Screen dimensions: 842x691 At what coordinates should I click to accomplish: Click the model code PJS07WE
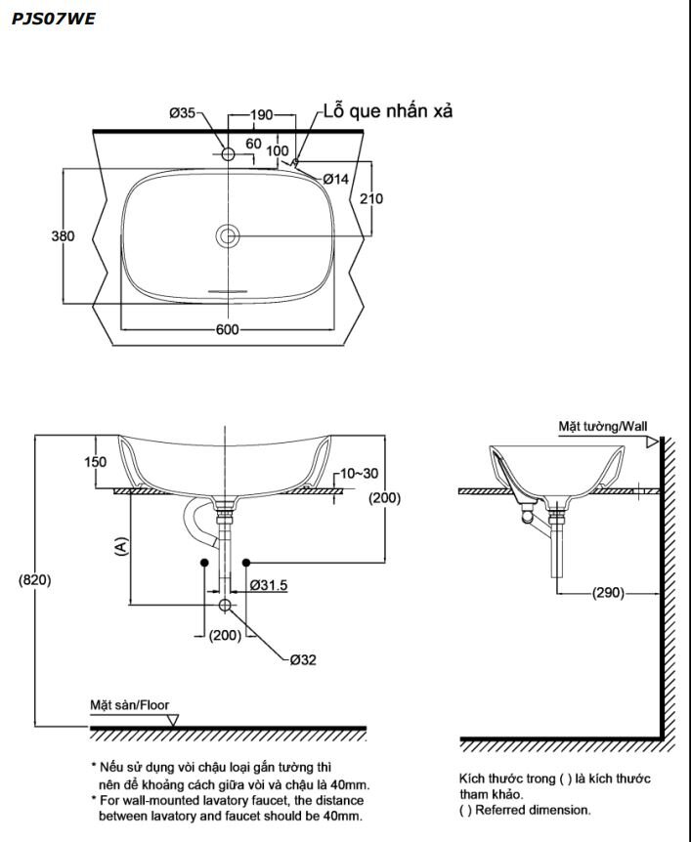pyautogui.click(x=54, y=18)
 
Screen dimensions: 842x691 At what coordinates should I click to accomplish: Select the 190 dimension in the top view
pyautogui.click(x=261, y=115)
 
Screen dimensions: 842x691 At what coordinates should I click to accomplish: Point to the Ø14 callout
pyautogui.click(x=336, y=179)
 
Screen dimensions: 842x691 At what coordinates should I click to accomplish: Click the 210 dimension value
pyautogui.click(x=371, y=199)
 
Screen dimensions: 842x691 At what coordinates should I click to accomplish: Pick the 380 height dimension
pyautogui.click(x=63, y=236)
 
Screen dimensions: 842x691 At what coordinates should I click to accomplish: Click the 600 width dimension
pyautogui.click(x=228, y=329)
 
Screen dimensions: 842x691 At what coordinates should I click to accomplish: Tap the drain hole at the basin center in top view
pyautogui.click(x=229, y=235)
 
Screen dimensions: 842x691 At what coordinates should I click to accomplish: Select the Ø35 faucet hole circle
pyautogui.click(x=229, y=154)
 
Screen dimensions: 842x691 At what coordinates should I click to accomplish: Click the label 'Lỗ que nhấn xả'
pyautogui.click(x=388, y=111)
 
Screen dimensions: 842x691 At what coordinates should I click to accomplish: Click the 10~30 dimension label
pyautogui.click(x=360, y=473)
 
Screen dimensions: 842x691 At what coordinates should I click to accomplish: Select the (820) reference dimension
pyautogui.click(x=35, y=579)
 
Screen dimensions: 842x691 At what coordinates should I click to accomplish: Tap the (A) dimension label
pyautogui.click(x=120, y=546)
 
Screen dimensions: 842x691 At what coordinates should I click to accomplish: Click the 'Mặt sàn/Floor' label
pyautogui.click(x=129, y=703)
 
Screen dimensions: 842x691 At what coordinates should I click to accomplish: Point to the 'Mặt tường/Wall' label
pyautogui.click(x=602, y=426)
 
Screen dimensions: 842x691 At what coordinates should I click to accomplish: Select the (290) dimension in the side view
pyautogui.click(x=608, y=593)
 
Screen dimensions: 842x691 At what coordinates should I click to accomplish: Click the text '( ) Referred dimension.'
pyautogui.click(x=525, y=810)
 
